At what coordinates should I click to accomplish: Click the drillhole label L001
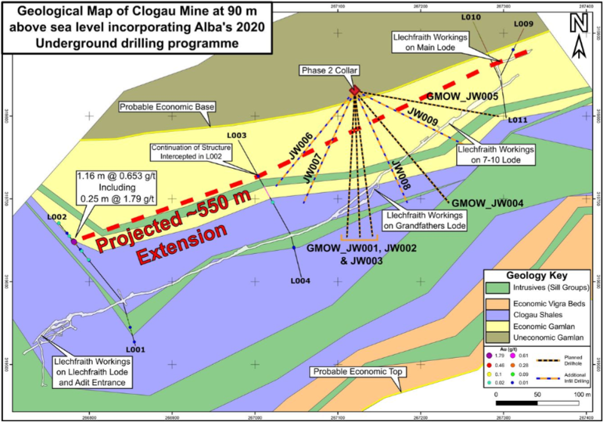[x=135, y=349]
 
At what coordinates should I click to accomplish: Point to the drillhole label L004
[x=301, y=281]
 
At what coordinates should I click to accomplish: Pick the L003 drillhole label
[x=237, y=136]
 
